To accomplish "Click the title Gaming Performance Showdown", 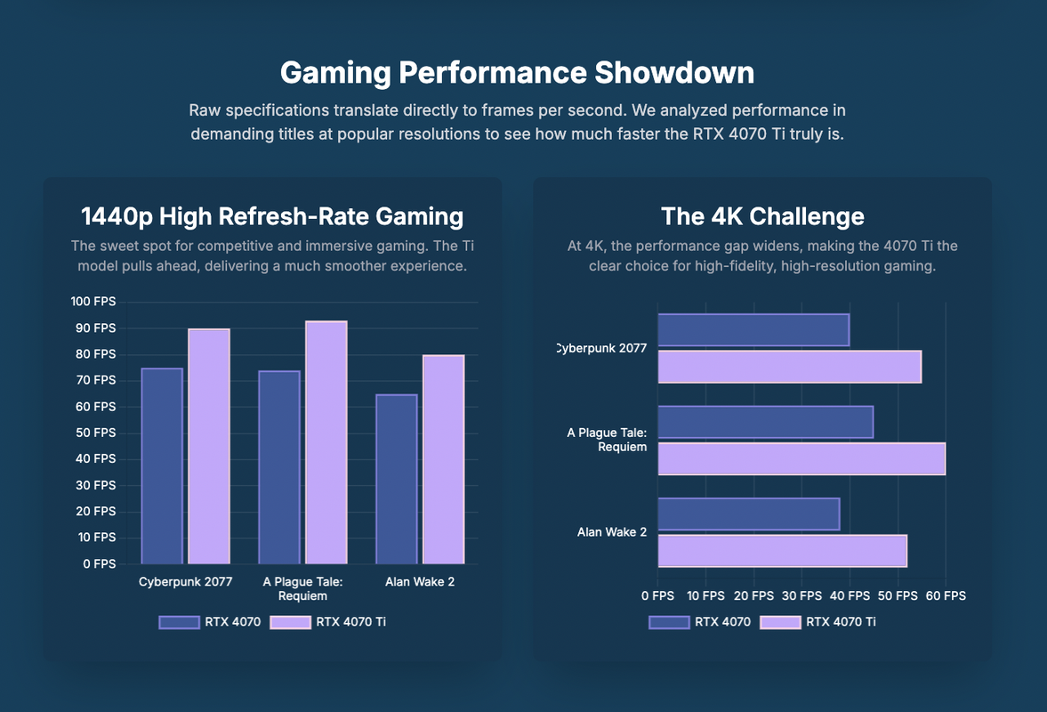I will pyautogui.click(x=517, y=72).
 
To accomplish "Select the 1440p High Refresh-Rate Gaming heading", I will pyautogui.click(x=271, y=216).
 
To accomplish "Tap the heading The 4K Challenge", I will pyautogui.click(x=762, y=216).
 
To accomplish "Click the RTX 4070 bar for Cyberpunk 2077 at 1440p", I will pyautogui.click(x=162, y=465).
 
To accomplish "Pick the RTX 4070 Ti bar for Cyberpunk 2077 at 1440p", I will pyautogui.click(x=209, y=446).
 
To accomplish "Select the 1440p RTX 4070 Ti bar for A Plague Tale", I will pyautogui.click(x=326, y=442).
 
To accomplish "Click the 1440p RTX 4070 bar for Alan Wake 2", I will pyautogui.click(x=396, y=479).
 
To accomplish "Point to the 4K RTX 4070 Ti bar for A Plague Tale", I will pyautogui.click(x=801, y=458).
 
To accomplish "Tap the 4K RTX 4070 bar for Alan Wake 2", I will pyautogui.click(x=748, y=514).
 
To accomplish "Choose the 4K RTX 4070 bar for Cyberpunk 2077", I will pyautogui.click(x=753, y=329).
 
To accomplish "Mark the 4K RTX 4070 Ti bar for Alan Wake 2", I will pyautogui.click(x=782, y=551).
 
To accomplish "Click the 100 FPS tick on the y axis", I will pyautogui.click(x=93, y=303).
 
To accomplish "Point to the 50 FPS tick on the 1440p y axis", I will pyautogui.click(x=93, y=433).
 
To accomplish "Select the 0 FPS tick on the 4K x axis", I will pyautogui.click(x=657, y=595).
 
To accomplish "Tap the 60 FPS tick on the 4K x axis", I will pyautogui.click(x=945, y=595).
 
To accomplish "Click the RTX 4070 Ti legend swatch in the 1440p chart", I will pyautogui.click(x=290, y=622).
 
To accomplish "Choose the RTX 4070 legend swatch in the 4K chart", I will pyautogui.click(x=669, y=622).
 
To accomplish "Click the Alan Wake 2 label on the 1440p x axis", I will pyautogui.click(x=420, y=582).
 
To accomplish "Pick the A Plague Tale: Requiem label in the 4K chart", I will pyautogui.click(x=608, y=440).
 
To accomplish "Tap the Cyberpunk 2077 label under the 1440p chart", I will pyautogui.click(x=185, y=582).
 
